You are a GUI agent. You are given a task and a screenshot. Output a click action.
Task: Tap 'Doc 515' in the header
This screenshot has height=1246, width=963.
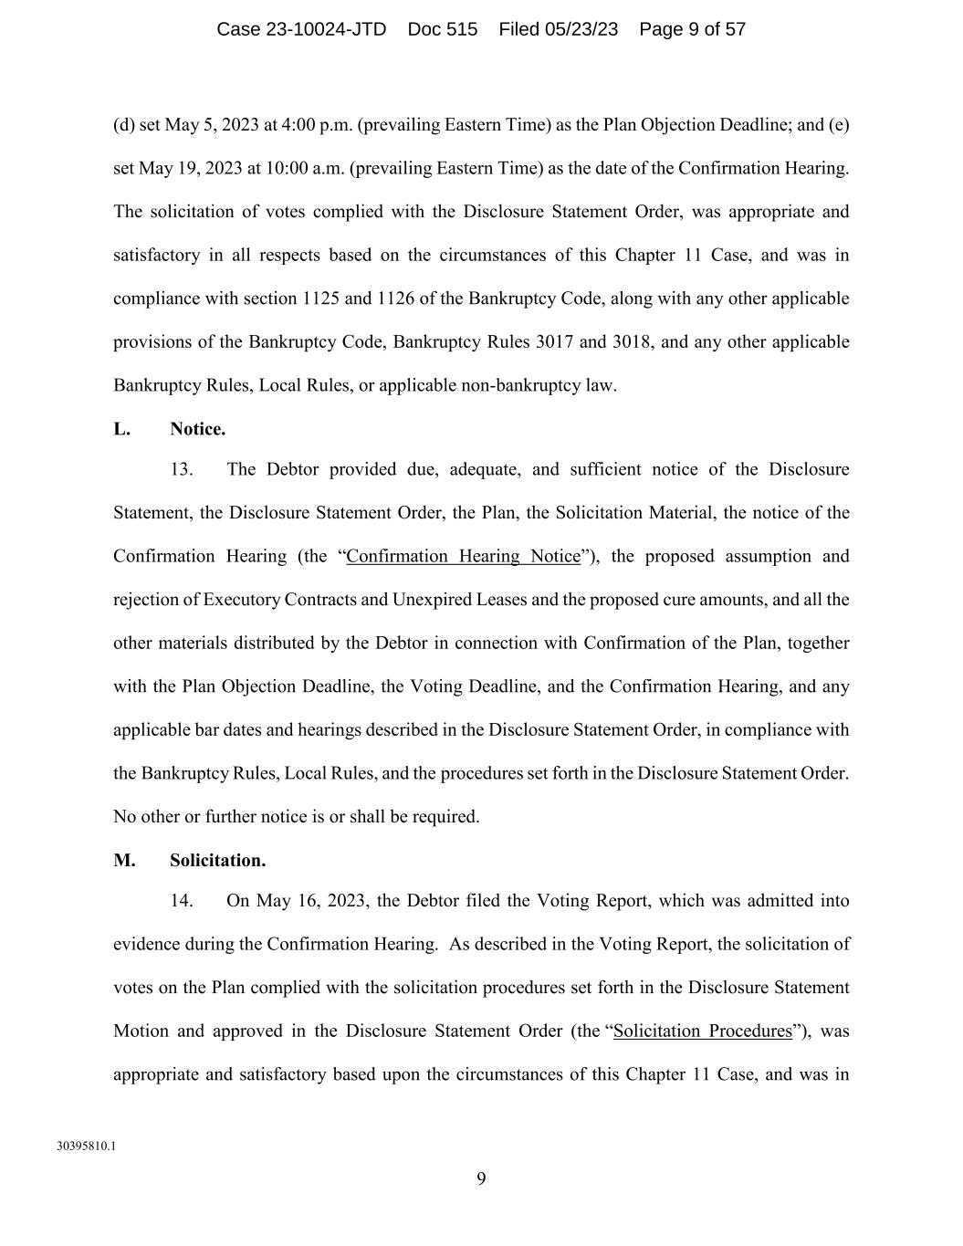[442, 29]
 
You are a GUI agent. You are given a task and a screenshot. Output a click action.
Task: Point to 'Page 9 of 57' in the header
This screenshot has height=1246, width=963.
[692, 29]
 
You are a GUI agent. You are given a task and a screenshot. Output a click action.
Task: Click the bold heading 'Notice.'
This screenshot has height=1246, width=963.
[197, 429]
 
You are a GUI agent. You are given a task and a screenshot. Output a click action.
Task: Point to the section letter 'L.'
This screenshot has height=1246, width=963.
[121, 429]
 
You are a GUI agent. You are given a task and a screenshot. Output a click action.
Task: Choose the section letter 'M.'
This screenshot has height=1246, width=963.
[124, 861]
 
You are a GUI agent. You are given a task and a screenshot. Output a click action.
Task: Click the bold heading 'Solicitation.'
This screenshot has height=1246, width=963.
[217, 861]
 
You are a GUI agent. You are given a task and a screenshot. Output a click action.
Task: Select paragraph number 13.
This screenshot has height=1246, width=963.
[181, 470]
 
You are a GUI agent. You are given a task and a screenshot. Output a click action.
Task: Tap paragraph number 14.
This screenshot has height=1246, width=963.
[181, 901]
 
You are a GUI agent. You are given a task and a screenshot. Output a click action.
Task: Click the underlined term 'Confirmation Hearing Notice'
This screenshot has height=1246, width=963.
[463, 557]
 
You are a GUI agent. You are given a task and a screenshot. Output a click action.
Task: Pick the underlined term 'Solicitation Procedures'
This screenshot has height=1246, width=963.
[702, 1031]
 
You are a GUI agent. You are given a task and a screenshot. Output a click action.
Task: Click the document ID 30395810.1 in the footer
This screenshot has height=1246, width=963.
[86, 1146]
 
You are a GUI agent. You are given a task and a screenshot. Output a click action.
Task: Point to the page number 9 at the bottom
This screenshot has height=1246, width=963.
[481, 1179]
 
